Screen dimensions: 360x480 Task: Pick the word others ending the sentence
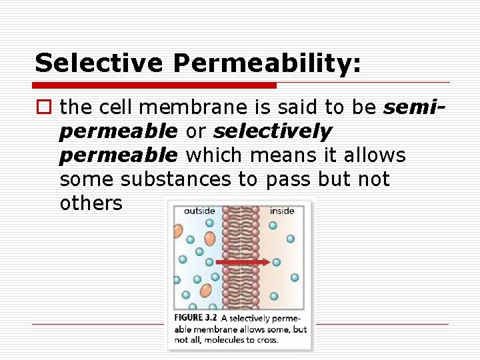(91, 203)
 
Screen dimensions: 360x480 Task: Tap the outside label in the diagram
(199, 211)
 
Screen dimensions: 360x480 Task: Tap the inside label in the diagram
(281, 211)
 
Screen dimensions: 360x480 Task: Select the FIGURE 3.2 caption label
(196, 318)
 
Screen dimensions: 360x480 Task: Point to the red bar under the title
(155, 85)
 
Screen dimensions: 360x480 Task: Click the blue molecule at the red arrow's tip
(276, 263)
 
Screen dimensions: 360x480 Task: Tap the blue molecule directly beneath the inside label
(273, 225)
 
